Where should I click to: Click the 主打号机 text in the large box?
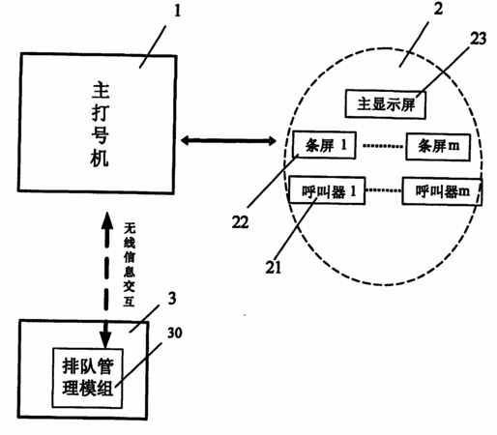[101, 125]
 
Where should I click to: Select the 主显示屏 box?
[386, 104]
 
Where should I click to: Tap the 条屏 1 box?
[324, 145]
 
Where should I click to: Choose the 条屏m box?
[438, 147]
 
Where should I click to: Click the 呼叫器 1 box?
[327, 190]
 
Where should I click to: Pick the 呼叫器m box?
[442, 191]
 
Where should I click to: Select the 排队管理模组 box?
[88, 378]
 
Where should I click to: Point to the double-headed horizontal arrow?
[228, 140]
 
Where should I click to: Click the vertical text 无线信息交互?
[130, 265]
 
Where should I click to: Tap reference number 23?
[478, 39]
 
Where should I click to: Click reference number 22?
[240, 222]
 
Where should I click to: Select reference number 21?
[274, 267]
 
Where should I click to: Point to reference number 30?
[174, 333]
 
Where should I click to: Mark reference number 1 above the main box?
[178, 11]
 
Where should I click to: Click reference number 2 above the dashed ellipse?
[438, 9]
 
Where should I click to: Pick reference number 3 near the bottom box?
[172, 299]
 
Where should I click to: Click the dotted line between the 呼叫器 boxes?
[384, 190]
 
